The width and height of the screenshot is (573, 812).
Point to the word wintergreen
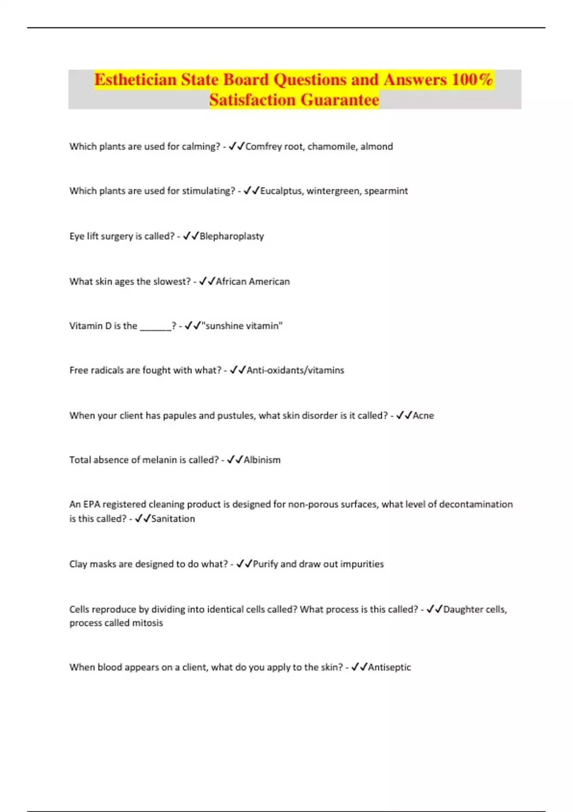333,191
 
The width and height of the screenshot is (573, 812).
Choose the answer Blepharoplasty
232,236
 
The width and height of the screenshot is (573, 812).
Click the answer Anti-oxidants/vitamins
295,370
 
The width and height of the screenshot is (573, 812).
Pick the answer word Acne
423,416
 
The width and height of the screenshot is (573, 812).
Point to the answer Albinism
262,460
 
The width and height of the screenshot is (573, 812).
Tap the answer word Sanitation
173,519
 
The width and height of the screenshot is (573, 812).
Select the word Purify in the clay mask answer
265,564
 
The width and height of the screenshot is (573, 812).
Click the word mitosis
147,623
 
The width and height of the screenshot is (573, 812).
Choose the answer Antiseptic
389,667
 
